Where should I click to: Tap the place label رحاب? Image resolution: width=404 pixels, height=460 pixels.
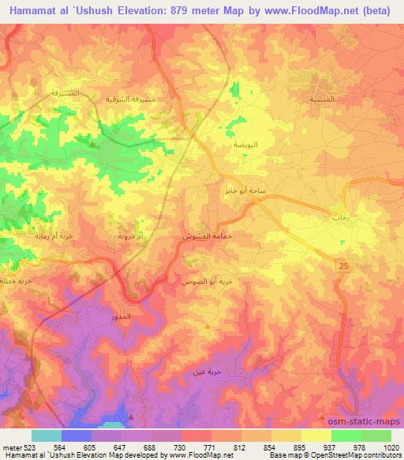pos(341,216)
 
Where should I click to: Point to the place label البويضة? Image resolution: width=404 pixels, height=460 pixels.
pos(244,147)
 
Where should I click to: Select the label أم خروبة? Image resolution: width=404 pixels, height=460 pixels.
pos(130,236)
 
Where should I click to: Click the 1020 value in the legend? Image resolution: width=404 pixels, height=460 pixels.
pos(391,447)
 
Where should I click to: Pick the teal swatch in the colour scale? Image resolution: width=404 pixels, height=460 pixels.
pos(47,435)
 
